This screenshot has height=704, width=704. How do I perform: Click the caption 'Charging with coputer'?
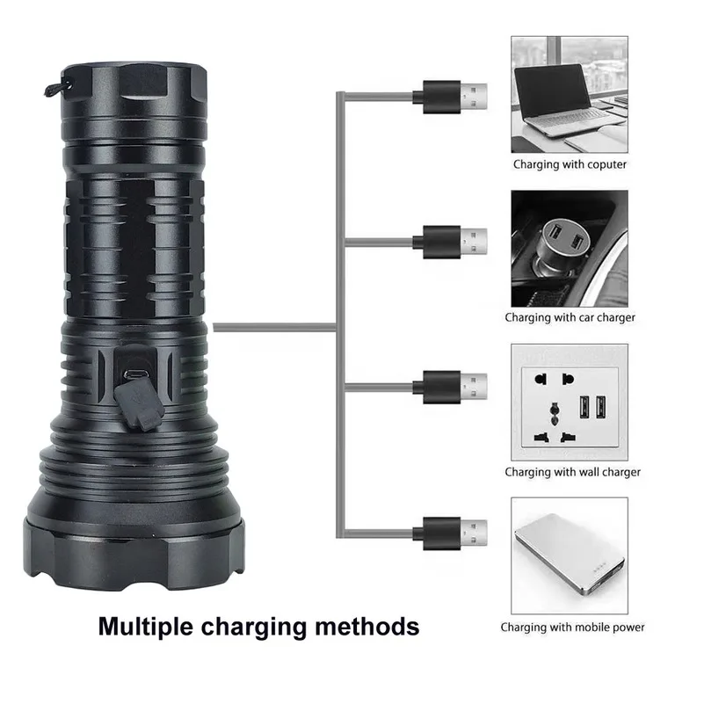[x=570, y=164]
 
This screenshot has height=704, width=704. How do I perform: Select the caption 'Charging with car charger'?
[x=570, y=317]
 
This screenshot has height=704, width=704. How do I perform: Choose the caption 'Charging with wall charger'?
[x=572, y=472]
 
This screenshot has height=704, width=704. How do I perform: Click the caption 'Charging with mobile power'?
[x=572, y=627]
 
